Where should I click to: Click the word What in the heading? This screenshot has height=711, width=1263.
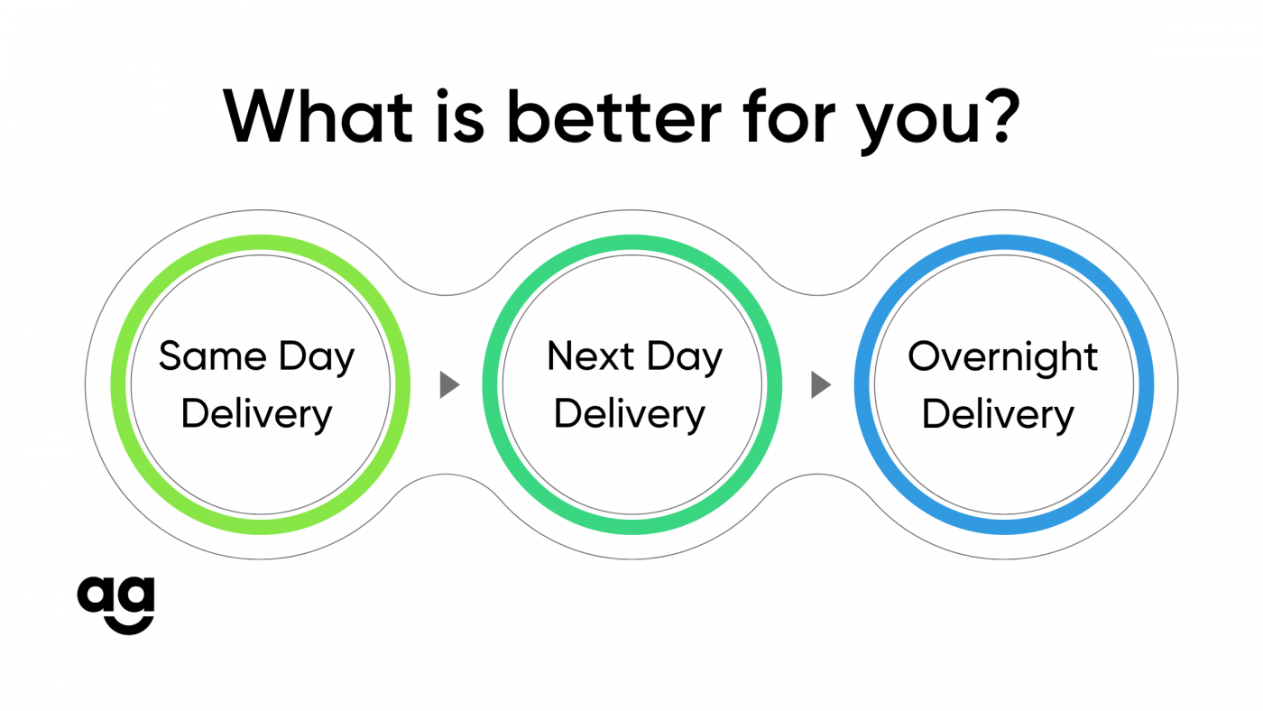[318, 116]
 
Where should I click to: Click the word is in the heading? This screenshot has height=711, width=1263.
[460, 116]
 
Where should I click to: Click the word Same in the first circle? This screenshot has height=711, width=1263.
[213, 356]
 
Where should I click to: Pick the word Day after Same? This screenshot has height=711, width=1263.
[317, 358]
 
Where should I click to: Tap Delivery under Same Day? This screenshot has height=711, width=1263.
[257, 415]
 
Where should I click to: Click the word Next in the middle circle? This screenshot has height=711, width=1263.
[591, 356]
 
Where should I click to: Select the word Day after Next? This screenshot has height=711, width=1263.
[685, 358]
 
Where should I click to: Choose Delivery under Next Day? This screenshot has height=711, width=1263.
[630, 415]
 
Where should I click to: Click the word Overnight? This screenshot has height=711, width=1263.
[1002, 358]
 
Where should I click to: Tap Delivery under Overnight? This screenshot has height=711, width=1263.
[998, 415]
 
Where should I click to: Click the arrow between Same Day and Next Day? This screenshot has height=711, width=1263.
[449, 384]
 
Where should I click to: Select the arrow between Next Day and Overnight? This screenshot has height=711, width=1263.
[821, 384]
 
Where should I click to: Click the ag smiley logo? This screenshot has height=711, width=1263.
[115, 605]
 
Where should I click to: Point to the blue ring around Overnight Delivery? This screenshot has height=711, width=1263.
[862, 384]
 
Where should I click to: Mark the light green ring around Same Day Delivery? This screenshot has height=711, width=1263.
[119, 384]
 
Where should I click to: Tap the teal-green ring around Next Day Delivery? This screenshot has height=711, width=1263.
[491, 384]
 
